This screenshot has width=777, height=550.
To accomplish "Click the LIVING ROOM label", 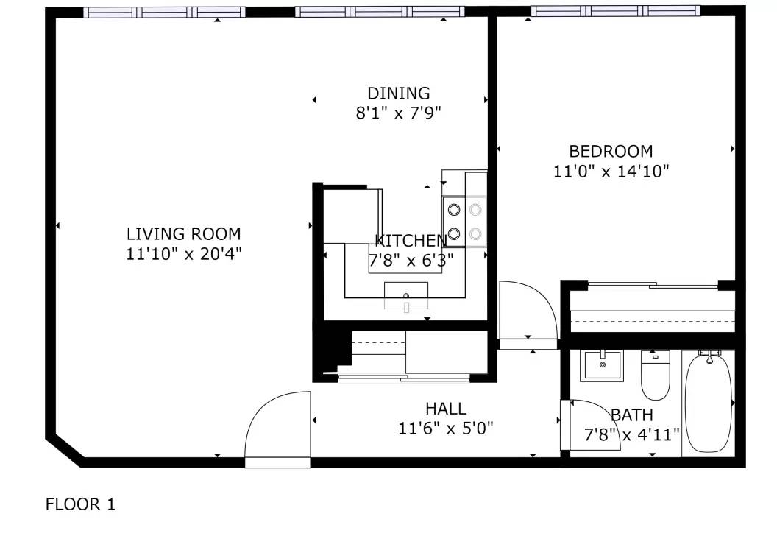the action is [183, 233].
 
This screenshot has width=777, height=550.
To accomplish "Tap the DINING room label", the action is [398, 94].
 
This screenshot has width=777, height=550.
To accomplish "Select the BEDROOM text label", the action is [611, 151].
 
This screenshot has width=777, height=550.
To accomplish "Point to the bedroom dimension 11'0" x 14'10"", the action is [611, 171].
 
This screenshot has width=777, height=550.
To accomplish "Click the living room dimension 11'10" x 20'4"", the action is [183, 254].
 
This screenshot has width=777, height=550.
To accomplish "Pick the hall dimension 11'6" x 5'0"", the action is [445, 428].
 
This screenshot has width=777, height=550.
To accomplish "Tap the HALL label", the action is [445, 409].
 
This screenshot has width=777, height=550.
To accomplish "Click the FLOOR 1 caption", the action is [80, 504].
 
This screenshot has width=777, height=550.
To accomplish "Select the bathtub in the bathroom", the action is [708, 402].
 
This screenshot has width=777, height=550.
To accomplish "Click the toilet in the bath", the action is [655, 375].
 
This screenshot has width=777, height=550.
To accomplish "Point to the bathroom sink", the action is [602, 366].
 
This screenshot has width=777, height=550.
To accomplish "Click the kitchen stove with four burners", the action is [464, 222].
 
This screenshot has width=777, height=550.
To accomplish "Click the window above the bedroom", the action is [615, 11].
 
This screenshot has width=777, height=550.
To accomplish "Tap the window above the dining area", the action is [380, 11].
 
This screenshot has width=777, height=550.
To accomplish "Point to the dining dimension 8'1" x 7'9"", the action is [398, 113].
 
